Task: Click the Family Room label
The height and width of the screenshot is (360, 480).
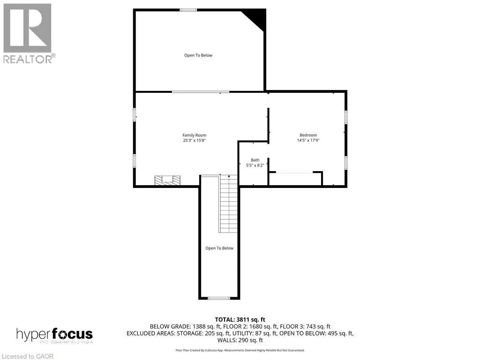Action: pos(194,135)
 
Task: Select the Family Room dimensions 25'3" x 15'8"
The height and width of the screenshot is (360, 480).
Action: pos(194,140)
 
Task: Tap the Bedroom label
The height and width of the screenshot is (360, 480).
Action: pos(308,135)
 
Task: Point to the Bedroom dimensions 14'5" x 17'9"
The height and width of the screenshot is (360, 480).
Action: pos(308,140)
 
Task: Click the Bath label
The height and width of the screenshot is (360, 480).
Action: pos(255,160)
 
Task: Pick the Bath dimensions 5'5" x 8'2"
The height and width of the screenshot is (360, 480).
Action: pos(255,165)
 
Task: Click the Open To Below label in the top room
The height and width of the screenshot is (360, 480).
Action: pos(198,55)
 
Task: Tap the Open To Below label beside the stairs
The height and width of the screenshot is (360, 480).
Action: pos(219,248)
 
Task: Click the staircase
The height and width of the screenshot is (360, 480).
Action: pos(229,204)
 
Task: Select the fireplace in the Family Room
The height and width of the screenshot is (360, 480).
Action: pos(168,180)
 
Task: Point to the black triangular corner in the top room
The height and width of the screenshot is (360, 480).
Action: pos(257,17)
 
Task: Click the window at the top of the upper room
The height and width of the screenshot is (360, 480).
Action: pos(188,10)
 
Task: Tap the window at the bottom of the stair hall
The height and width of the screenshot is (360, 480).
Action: pos(219,298)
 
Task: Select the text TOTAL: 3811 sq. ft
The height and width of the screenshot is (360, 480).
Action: pos(240,320)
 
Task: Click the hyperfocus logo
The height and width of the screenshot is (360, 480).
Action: pos(54,335)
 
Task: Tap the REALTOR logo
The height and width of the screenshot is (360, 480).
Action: pos(28,33)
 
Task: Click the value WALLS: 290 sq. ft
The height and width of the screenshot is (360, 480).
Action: pos(240,340)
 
